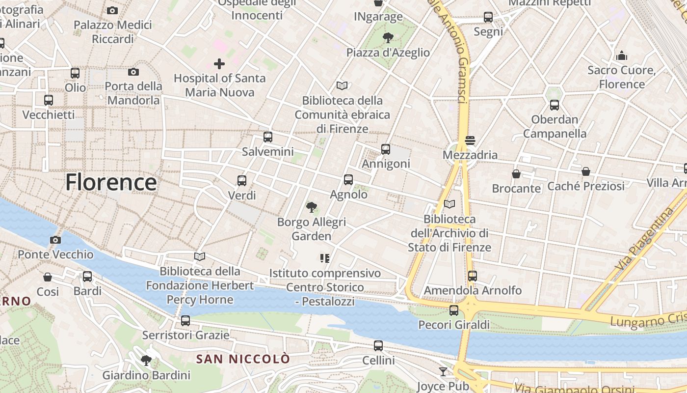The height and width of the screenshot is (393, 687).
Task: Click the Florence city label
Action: (x=111, y=182)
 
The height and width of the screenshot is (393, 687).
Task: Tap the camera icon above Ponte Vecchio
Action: (x=55, y=240)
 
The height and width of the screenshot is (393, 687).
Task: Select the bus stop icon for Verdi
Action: (x=242, y=180)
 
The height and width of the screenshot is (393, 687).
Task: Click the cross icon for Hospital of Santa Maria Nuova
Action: (x=219, y=64)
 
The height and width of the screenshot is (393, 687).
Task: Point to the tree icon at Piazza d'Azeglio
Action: (x=388, y=38)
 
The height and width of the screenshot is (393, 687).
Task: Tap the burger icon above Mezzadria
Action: (x=470, y=140)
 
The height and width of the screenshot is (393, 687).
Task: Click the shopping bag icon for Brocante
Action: (x=516, y=174)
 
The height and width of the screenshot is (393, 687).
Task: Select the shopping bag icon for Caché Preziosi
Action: (x=585, y=171)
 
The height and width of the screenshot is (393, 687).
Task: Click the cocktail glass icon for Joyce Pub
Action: (x=443, y=371)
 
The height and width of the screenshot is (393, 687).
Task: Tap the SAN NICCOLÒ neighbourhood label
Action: (x=243, y=359)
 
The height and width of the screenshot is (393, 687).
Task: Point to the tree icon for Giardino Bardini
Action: (x=146, y=361)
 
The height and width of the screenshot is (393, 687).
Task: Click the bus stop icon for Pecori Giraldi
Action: (x=454, y=310)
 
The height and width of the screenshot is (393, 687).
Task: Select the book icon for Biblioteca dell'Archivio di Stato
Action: (x=449, y=204)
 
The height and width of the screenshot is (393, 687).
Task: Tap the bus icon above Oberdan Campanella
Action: (x=555, y=105)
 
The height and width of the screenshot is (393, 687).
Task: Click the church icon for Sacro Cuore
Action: (x=622, y=56)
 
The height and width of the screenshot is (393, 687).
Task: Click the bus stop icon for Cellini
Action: (x=378, y=345)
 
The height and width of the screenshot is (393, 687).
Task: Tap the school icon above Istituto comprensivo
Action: (x=324, y=258)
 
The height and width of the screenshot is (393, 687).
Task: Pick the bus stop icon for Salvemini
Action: (x=268, y=137)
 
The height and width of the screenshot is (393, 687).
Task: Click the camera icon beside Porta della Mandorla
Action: (x=133, y=72)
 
